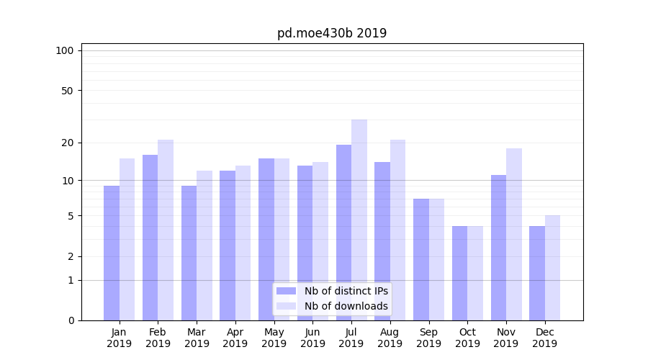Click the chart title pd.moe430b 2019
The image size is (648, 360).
332,33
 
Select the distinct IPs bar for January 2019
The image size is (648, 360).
112,253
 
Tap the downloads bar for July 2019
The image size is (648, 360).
359,220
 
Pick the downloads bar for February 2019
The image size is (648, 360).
166,230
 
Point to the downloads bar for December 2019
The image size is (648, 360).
552,268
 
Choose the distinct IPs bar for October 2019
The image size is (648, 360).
459,273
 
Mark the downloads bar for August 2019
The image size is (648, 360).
397,230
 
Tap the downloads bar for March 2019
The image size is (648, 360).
204,246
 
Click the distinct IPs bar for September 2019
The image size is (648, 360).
421,259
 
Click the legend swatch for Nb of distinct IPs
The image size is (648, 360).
287,291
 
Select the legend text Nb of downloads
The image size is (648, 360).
346,306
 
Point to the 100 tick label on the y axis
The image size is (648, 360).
65,50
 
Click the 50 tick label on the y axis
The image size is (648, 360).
68,91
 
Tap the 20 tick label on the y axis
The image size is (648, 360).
68,143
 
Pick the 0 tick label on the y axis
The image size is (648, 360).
71,320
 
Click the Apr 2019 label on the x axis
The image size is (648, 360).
235,338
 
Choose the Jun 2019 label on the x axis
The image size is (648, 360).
312,338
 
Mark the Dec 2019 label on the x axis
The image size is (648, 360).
544,338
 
